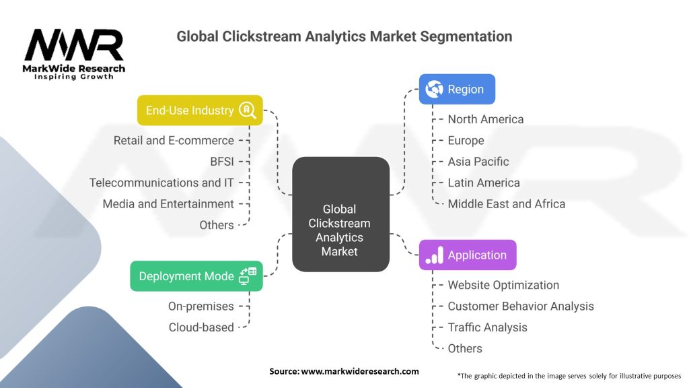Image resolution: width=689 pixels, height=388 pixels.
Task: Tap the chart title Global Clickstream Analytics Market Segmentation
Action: [344, 36]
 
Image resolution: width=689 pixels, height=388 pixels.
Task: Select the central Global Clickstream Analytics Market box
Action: [340, 214]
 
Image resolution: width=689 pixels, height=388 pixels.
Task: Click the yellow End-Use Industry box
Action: [199, 110]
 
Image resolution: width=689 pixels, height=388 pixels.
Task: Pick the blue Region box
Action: [457, 89]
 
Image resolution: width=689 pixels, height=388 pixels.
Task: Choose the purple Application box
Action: [467, 255]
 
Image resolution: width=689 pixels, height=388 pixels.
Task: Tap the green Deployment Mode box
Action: [196, 276]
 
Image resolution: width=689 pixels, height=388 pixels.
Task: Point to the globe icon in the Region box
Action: [434, 89]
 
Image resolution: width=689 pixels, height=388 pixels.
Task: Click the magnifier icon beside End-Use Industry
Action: [248, 110]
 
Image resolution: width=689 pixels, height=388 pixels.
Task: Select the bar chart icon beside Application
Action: [434, 255]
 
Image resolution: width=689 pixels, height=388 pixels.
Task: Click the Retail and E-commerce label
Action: [174, 140]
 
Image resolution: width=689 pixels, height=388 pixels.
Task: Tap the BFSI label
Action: [222, 162]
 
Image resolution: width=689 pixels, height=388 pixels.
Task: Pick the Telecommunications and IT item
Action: [161, 183]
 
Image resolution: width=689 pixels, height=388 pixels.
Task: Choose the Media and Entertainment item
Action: [168, 203]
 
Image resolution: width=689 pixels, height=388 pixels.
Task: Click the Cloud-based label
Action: [201, 327]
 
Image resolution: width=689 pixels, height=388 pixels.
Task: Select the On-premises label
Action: [201, 306]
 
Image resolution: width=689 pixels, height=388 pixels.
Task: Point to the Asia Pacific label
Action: [478, 162]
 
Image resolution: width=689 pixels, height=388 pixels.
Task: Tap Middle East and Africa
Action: [507, 203]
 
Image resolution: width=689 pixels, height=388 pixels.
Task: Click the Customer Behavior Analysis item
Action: [521, 306]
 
